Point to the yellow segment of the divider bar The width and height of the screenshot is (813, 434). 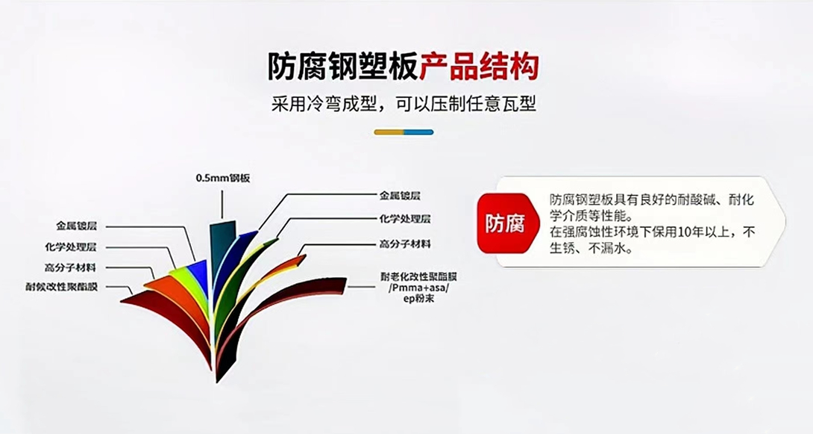coord(389,132)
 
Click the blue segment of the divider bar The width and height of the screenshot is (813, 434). coord(418,132)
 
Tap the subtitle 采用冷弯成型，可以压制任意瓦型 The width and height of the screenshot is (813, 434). coord(404,103)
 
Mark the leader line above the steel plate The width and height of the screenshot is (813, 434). coord(222,202)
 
